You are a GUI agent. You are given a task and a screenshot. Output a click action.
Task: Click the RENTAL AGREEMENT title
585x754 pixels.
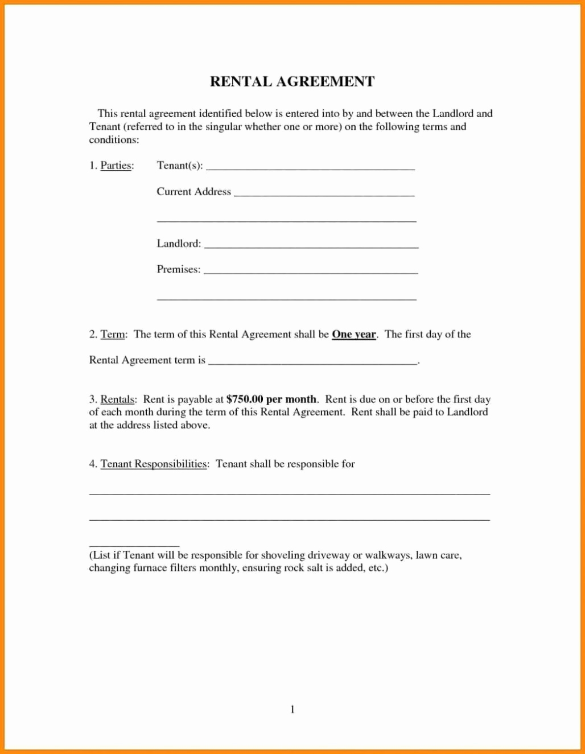point(292,81)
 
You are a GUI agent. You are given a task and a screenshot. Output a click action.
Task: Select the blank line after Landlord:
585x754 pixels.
point(311,247)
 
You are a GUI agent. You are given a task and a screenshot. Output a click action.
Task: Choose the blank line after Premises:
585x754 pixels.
point(311,273)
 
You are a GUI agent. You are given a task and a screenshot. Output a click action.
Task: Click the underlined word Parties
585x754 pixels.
point(117,166)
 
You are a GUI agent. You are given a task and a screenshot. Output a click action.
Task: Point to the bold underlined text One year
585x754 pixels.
point(353,335)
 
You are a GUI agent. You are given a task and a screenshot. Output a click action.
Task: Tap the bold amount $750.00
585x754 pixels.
point(245,399)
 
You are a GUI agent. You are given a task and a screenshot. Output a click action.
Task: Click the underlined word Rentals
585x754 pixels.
point(118,399)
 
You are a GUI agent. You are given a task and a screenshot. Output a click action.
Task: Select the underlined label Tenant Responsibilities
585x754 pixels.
point(154,464)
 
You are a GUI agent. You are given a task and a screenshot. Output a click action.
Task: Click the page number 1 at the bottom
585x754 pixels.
point(292,709)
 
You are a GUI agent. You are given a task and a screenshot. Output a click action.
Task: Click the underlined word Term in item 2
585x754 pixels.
point(113,335)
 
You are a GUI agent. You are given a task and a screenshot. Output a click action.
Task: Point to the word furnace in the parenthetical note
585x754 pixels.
point(150,568)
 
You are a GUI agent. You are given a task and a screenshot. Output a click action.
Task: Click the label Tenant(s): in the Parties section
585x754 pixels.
point(179,166)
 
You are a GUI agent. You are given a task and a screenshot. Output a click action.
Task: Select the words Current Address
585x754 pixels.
point(193,192)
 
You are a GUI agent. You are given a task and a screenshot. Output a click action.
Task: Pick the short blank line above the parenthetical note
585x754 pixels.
point(134,545)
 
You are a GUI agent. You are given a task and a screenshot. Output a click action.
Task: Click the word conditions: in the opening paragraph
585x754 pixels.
point(114,140)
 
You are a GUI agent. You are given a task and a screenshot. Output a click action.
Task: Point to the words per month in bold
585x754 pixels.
point(291,399)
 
